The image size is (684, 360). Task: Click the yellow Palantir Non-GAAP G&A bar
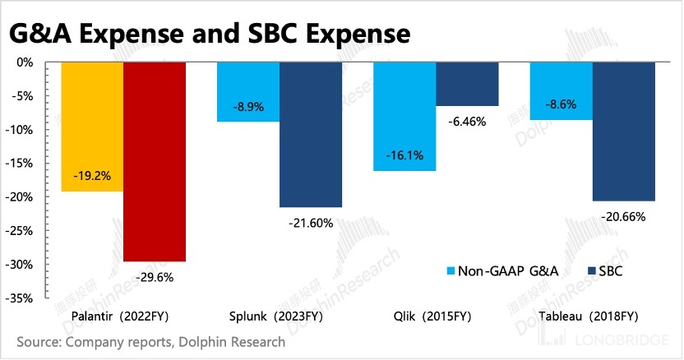[92, 127]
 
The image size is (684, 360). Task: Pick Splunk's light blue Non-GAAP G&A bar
[247, 91]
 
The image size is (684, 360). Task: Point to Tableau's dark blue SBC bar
[624, 131]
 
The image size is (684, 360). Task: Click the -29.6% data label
[155, 278]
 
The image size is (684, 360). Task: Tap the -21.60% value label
[311, 224]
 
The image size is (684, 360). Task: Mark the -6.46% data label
[467, 122]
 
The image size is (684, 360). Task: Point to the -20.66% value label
[624, 217]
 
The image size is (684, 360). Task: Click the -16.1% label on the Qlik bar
[404, 154]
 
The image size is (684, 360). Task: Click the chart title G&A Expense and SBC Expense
[209, 35]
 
